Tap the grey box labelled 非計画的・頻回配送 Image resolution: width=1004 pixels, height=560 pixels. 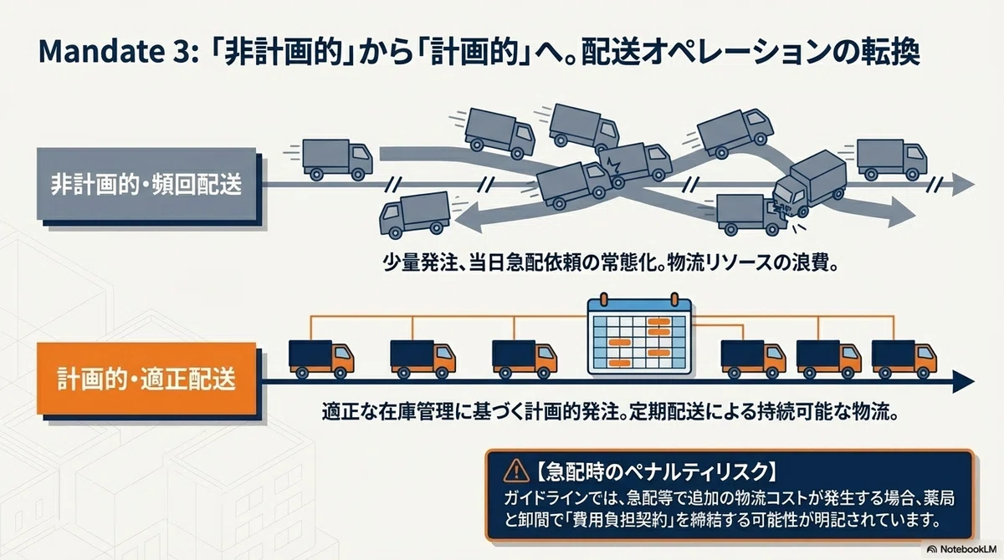[x=146, y=184]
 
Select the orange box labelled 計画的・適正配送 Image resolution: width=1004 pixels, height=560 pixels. [x=146, y=379]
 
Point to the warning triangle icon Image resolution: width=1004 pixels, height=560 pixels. [x=516, y=471]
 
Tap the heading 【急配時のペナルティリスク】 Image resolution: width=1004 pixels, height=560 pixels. [x=656, y=471]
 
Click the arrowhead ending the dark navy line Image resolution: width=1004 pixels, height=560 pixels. [x=963, y=381]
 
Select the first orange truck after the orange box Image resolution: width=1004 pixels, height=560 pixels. [x=321, y=359]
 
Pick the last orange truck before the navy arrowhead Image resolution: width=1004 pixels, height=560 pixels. [x=904, y=359]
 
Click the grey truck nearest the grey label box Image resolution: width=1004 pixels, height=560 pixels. [x=337, y=160]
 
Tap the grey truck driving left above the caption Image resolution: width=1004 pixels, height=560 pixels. [x=415, y=215]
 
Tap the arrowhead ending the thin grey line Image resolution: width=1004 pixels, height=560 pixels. [x=963, y=185]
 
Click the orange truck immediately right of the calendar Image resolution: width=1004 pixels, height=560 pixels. [x=754, y=359]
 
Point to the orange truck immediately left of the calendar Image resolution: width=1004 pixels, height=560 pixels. [x=525, y=359]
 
